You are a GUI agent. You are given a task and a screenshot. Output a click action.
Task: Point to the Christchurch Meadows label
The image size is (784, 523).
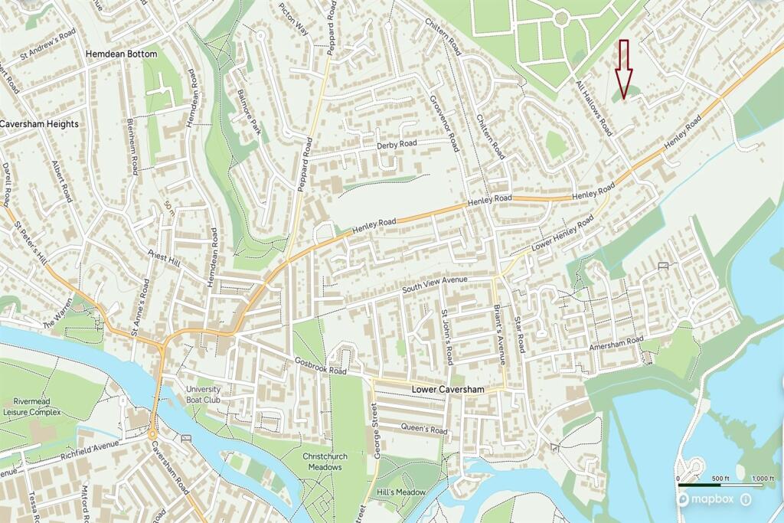click(325, 462)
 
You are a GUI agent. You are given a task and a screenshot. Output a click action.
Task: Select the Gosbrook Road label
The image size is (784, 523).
click(322, 366)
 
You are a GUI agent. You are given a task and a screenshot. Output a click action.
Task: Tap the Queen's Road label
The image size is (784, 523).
click(424, 430)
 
